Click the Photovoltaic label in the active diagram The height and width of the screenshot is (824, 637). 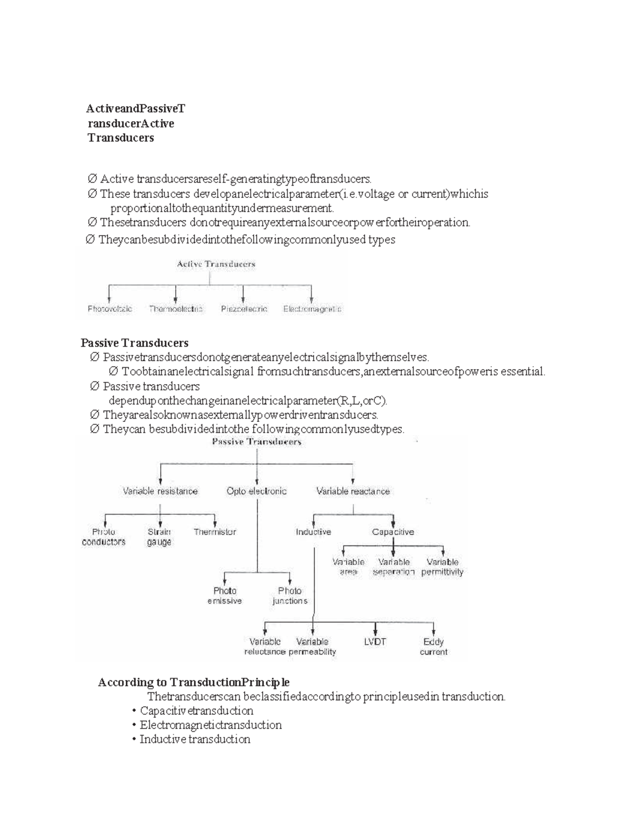[x=110, y=309]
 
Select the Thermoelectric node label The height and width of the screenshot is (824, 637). [x=176, y=309]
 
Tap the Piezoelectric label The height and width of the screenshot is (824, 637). [x=244, y=309]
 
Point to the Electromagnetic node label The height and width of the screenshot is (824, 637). [x=312, y=309]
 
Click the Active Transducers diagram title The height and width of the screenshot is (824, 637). [x=216, y=264]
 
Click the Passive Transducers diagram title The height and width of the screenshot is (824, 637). [x=257, y=441]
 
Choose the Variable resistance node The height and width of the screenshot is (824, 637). [x=160, y=491]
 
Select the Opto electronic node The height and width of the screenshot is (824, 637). [x=256, y=491]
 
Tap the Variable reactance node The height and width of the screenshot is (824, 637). [x=353, y=491]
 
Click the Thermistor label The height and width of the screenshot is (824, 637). [x=214, y=532]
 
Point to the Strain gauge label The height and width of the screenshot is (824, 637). [x=159, y=537]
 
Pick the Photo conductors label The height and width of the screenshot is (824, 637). [x=104, y=537]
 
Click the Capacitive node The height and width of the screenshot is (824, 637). [x=393, y=532]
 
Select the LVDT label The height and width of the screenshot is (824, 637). [x=375, y=641]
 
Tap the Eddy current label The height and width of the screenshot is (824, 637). [x=434, y=647]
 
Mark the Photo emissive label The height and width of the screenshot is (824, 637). [x=225, y=596]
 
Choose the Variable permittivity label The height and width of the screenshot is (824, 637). [x=442, y=567]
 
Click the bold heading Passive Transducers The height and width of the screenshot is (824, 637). [x=134, y=343]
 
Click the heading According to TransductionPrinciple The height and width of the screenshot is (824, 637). [x=194, y=682]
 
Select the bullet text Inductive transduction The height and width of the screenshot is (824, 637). [x=195, y=739]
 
